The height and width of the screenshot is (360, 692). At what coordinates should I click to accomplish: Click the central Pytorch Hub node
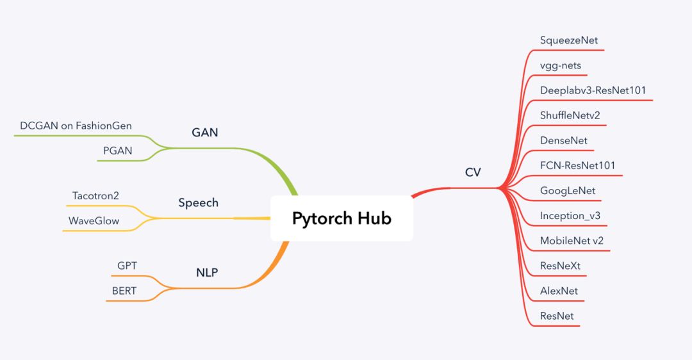point(342,218)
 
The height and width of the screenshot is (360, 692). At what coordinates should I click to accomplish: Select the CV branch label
point(473,172)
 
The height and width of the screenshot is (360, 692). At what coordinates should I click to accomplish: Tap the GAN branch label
point(205,133)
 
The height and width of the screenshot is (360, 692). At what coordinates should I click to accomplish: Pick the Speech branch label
point(198,202)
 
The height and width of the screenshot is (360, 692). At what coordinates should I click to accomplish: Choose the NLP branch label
point(207,272)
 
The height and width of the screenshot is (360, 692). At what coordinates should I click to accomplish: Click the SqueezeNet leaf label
point(569,40)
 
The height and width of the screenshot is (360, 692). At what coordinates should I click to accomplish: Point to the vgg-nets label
point(561,65)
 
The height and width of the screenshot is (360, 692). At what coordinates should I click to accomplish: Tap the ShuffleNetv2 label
point(570,115)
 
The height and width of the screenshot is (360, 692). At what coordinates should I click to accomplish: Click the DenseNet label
point(563,140)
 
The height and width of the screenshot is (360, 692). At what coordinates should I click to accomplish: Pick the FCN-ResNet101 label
point(577,165)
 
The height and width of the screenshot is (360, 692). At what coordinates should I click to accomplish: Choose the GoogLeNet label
point(568,191)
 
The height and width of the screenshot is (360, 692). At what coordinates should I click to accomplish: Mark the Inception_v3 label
point(570,216)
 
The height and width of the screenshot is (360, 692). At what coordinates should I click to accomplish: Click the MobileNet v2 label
point(572,241)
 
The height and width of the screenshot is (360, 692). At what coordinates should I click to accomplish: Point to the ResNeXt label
point(560,266)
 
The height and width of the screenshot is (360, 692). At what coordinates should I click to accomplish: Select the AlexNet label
point(559,291)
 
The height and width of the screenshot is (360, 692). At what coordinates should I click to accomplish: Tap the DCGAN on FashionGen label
point(76,126)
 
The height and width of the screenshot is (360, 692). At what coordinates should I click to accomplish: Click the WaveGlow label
point(94,221)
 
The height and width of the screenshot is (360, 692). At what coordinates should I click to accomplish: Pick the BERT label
point(124,291)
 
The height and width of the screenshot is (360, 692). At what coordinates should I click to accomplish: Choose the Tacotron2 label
point(95,196)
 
